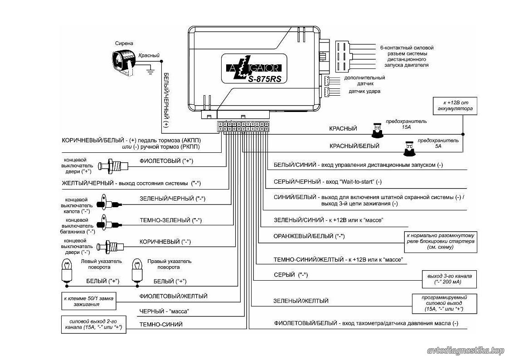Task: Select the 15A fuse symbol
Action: point(377,130)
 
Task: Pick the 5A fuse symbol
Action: point(409,148)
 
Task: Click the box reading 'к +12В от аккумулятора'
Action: point(455,106)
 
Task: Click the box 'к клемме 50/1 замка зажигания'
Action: point(89,302)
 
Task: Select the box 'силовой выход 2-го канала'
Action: point(93,324)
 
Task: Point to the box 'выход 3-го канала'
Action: point(450,279)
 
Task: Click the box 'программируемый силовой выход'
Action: point(444,303)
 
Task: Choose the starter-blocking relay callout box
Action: point(441,241)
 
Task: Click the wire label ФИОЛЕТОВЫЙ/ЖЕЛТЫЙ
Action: point(173,296)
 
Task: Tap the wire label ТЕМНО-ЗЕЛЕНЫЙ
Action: point(171,220)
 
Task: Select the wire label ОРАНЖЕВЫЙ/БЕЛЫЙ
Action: point(309,236)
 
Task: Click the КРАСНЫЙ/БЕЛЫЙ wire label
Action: point(354,146)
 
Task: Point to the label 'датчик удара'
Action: point(364,91)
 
